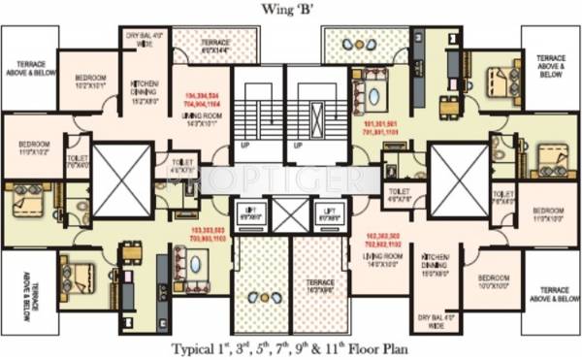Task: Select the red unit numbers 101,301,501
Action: click(381, 129)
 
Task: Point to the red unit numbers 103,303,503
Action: click(201, 234)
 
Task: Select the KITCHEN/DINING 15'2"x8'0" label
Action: click(143, 93)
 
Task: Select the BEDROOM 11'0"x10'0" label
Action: click(548, 214)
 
